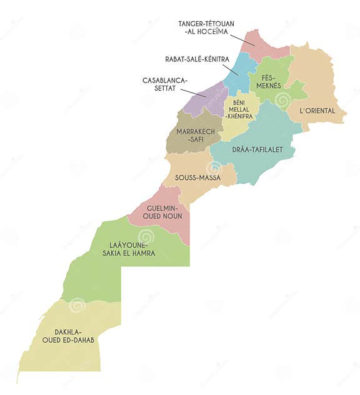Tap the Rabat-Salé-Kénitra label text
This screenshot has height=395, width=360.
(x=197, y=59)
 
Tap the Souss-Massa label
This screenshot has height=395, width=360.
(x=197, y=177)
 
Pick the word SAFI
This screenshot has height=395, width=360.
(x=194, y=139)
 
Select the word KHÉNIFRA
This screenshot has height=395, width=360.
(x=239, y=116)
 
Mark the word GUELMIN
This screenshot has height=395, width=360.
(x=162, y=207)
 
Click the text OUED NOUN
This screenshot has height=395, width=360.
(x=162, y=216)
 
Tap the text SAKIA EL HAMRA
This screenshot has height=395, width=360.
(x=129, y=253)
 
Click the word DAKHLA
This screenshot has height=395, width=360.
(x=69, y=331)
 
